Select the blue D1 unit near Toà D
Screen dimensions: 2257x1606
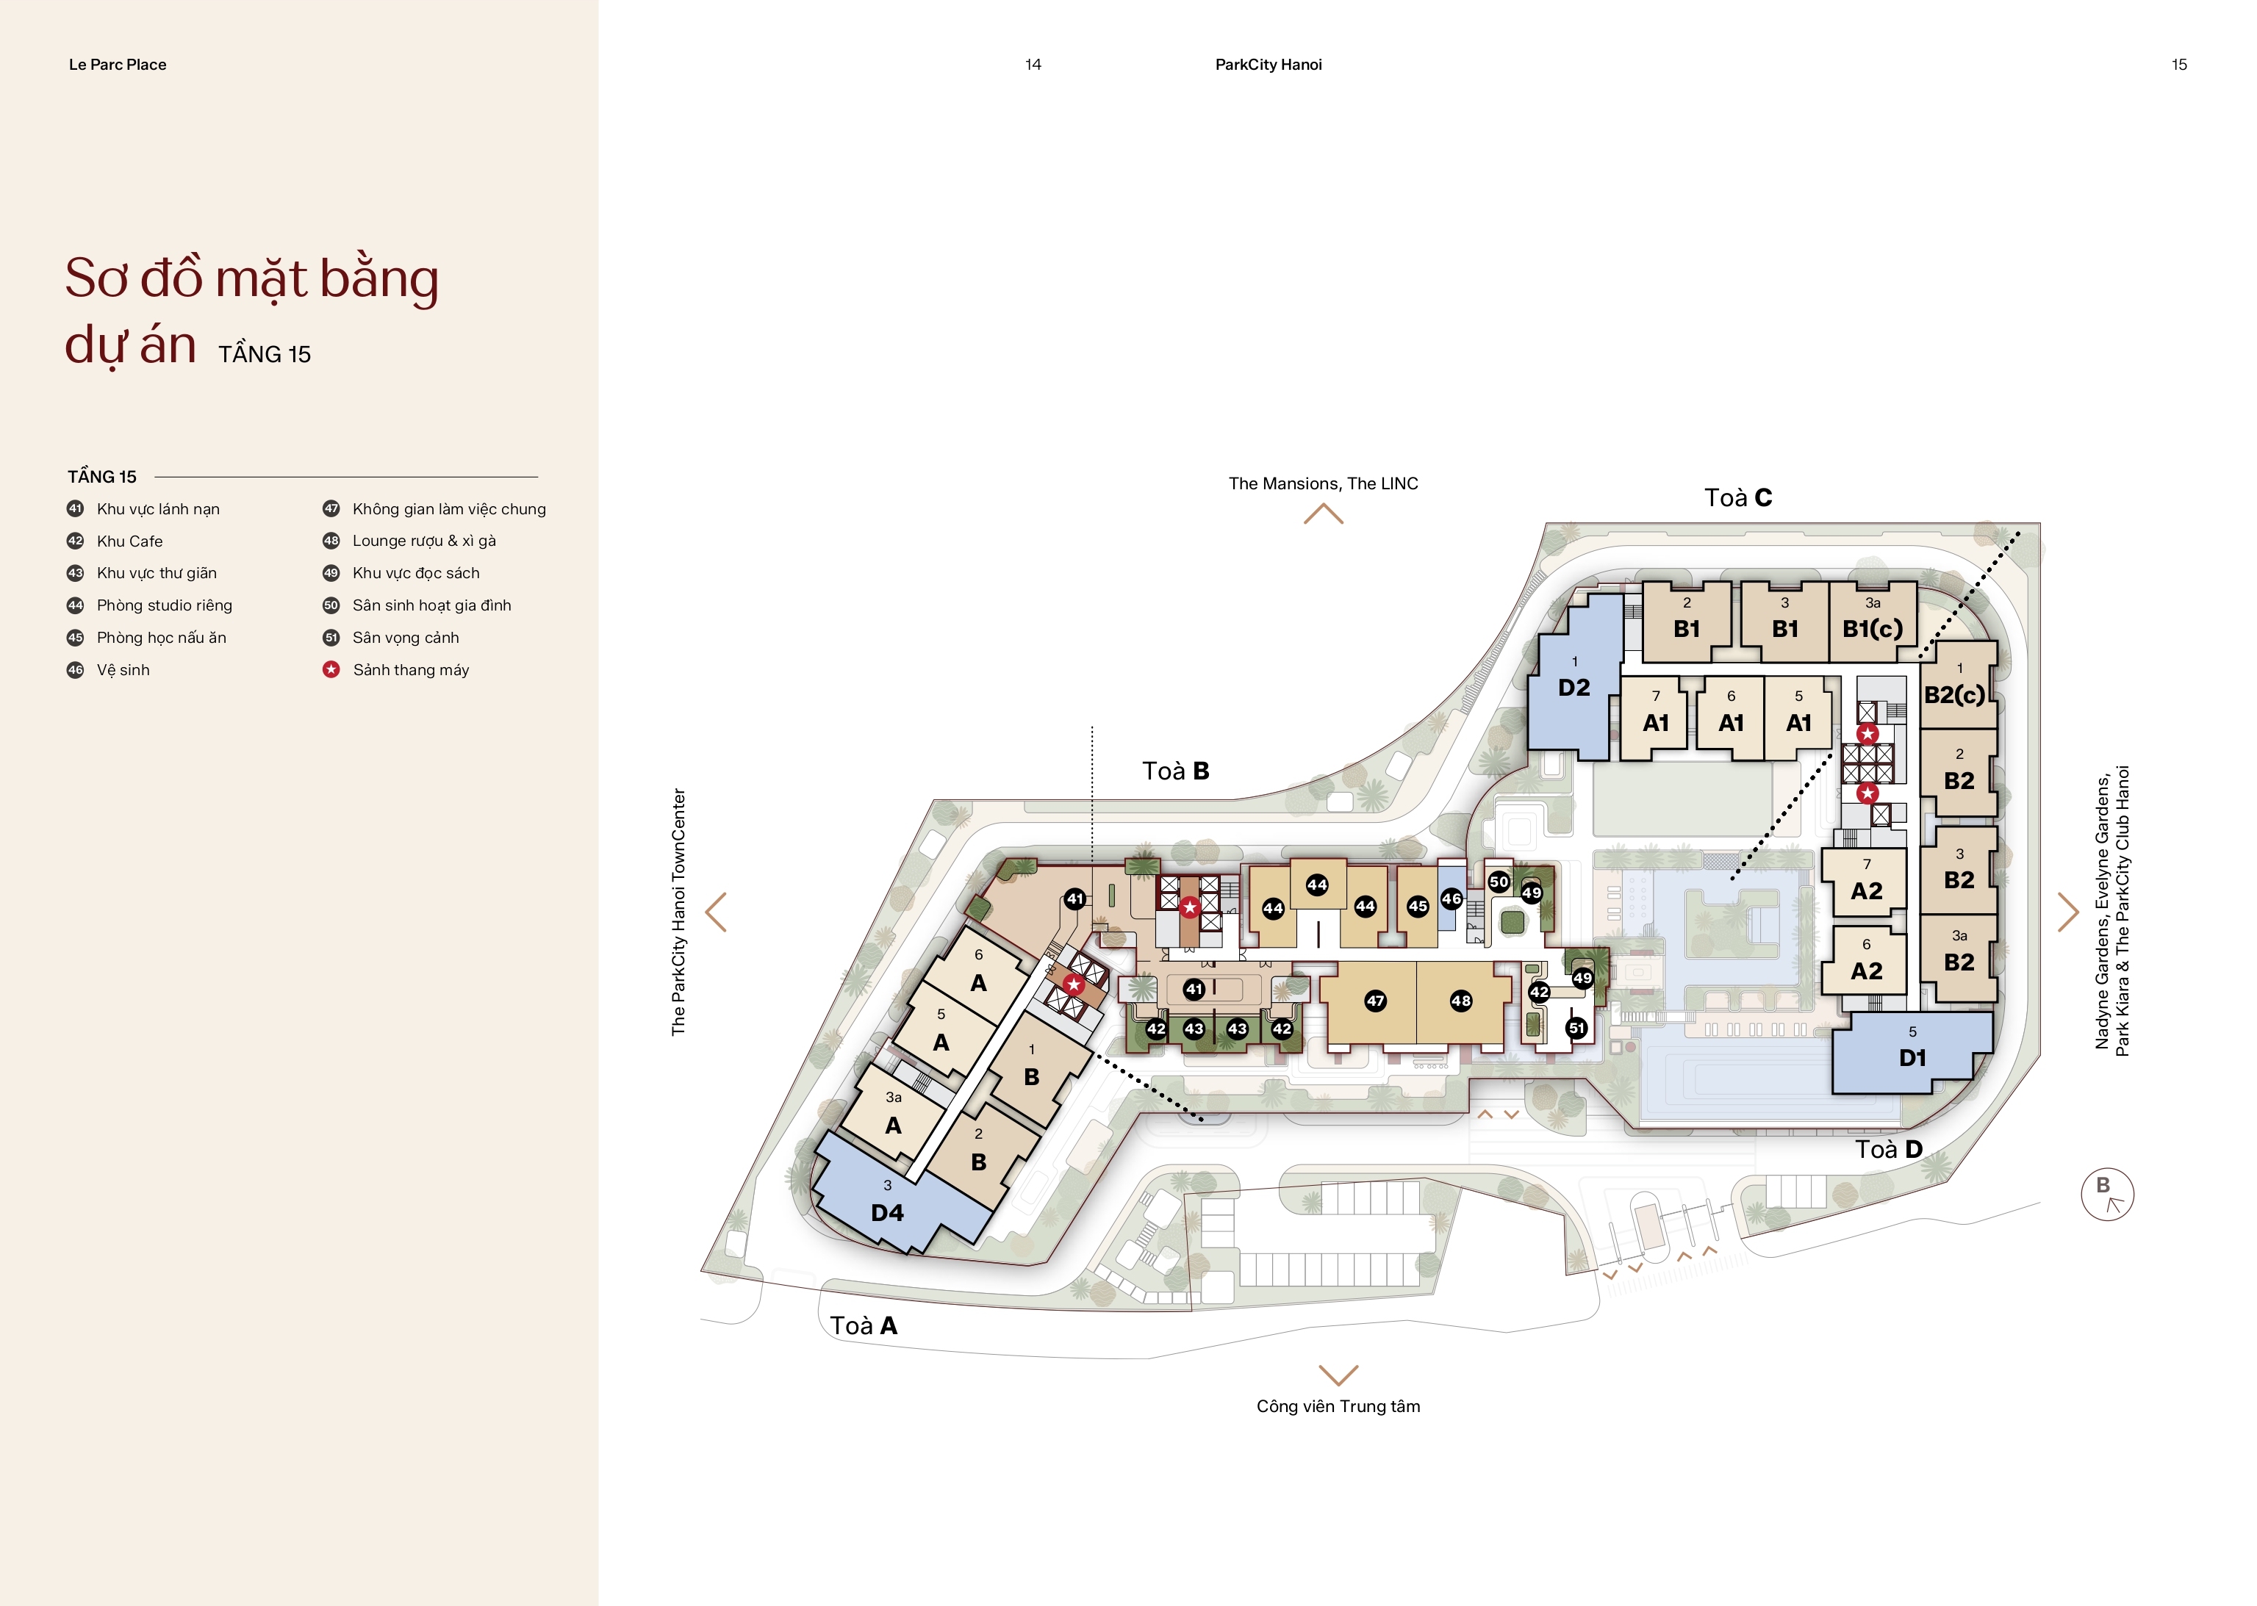(x=1911, y=1052)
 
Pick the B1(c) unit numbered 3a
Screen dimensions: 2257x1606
(x=1873, y=621)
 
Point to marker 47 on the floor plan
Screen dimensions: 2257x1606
(x=1375, y=1001)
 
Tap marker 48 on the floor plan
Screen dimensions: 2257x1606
(x=1461, y=1001)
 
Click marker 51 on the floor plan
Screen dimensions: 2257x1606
(x=1576, y=1029)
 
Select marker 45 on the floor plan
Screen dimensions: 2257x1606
(x=1417, y=906)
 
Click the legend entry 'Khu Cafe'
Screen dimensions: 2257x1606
(x=129, y=541)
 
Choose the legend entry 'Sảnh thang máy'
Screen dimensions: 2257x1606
(x=410, y=669)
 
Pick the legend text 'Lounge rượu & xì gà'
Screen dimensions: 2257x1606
(x=424, y=541)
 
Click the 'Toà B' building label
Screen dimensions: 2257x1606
(x=1175, y=771)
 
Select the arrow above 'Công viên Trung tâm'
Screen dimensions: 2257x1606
(x=1338, y=1375)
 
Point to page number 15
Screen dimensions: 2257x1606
(x=2179, y=64)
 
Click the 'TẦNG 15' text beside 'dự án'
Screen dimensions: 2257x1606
(x=264, y=354)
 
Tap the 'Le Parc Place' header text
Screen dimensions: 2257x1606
(x=118, y=64)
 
